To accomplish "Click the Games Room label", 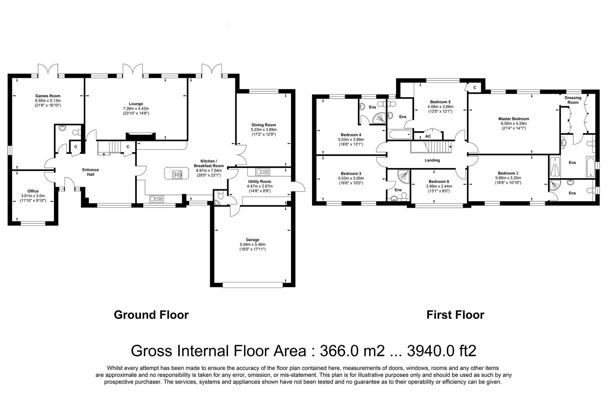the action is [48, 96].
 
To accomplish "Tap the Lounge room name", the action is [136, 104].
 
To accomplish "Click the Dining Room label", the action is [263, 125].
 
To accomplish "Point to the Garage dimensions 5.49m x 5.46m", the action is [252, 244].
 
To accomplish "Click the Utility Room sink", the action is [262, 172].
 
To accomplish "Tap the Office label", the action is [33, 191].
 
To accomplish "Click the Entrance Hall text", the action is [91, 172].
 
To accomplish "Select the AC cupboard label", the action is [428, 136].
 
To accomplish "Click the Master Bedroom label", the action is [513, 119].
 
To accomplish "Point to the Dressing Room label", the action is [573, 100].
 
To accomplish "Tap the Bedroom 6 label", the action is [439, 181].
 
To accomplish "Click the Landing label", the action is [432, 160].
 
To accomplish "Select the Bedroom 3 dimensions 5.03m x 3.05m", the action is [351, 178].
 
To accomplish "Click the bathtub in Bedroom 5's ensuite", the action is [400, 135].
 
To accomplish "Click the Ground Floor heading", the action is [151, 315].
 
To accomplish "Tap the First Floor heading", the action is [455, 315].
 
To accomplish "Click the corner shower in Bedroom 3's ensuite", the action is [404, 177].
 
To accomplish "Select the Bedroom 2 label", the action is [508, 173].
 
